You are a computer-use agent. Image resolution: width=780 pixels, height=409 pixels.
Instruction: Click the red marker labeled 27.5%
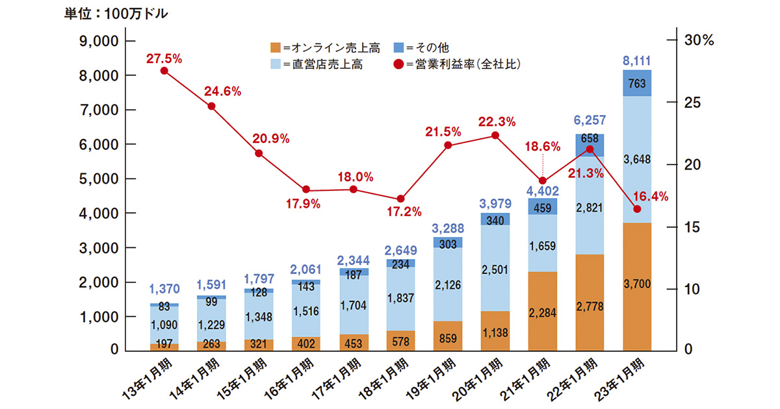point(164,71)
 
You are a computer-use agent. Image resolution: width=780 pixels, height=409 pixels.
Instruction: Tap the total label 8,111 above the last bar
point(636,61)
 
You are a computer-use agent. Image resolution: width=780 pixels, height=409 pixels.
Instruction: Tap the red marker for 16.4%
point(636,209)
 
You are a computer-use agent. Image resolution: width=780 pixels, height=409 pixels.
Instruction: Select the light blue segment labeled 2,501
point(495,268)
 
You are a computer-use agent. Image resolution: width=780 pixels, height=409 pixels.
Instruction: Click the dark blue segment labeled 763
point(636,83)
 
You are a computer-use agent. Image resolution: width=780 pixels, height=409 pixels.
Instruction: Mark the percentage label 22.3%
point(497,121)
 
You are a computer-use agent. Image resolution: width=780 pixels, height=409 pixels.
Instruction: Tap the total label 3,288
point(448,228)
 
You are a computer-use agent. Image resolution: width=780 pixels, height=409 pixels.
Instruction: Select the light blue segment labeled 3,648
point(636,159)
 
